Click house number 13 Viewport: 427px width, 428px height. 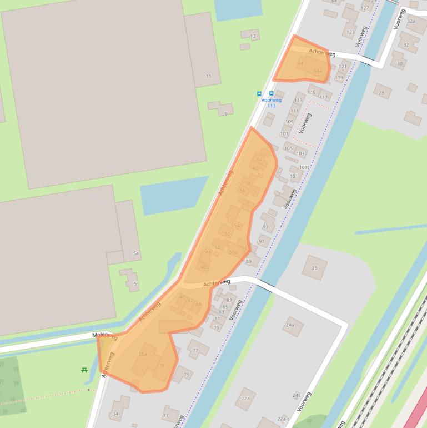pos(253,37)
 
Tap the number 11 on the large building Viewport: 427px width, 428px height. pos(209,76)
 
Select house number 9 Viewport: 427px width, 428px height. pos(225,113)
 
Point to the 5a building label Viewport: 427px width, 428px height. pos(136,253)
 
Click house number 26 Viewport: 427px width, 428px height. pos(314,268)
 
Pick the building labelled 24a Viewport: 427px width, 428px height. pos(290,325)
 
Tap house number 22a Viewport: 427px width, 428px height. pos(245,399)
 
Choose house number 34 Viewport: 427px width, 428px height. pos(115,414)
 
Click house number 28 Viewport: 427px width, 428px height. pos(381,93)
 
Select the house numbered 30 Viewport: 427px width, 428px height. pos(399,63)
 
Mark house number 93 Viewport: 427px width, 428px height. pos(265,227)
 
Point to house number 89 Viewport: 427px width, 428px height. pos(248,261)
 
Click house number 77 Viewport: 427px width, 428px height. pos(195,351)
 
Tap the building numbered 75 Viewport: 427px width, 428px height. pos(186,375)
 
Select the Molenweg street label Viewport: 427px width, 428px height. pos(105,336)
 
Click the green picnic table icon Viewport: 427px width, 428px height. pos(84,370)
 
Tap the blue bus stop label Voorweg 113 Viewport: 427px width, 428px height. pos(272,103)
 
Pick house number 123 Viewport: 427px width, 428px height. pos(350,33)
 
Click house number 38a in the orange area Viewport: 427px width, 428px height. pos(143,354)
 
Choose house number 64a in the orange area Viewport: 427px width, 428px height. pos(318,71)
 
